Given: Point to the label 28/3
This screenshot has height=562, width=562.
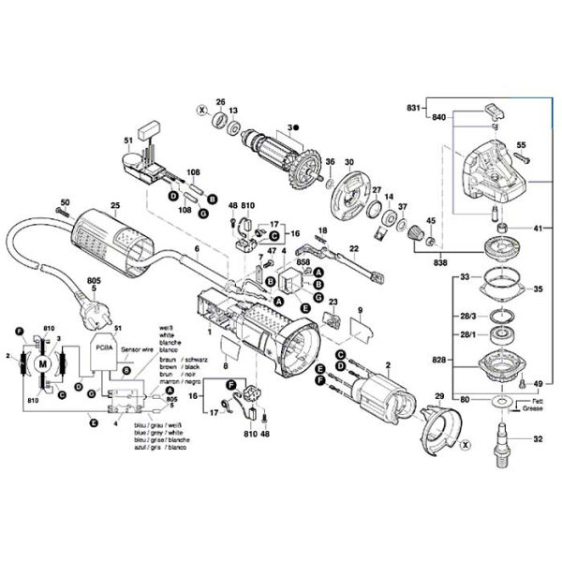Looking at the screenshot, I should pos(467,317).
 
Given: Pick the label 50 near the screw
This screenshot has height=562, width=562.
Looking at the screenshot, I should pos(65,203).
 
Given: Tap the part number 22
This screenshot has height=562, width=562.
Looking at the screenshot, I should pos(355,248).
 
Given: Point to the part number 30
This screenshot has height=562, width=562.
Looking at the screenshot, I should pos(348,162).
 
